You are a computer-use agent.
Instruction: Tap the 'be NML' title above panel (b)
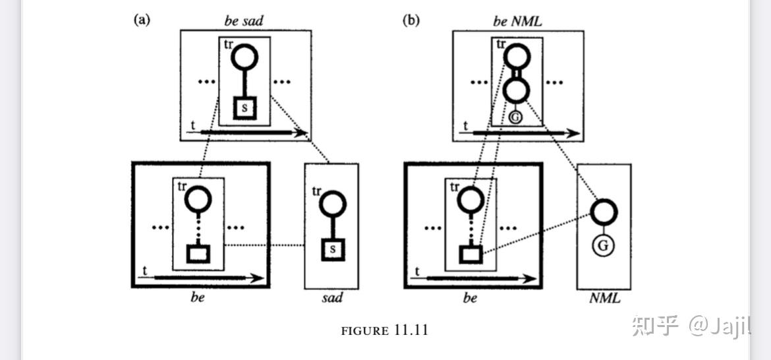click(x=517, y=21)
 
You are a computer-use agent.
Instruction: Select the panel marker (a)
click(x=142, y=20)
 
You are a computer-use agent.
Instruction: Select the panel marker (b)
click(x=412, y=20)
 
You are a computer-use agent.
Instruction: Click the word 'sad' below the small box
click(x=331, y=298)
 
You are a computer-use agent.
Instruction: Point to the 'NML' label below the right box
click(x=604, y=298)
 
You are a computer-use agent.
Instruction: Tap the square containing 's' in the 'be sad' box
click(x=244, y=108)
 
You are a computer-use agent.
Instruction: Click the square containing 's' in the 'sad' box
click(x=333, y=249)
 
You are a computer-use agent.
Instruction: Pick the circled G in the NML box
click(x=604, y=247)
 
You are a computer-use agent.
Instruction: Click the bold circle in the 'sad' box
click(x=332, y=204)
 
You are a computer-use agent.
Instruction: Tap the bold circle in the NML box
click(x=604, y=212)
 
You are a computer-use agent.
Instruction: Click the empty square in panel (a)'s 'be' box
click(x=198, y=254)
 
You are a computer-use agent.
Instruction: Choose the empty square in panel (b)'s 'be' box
click(x=471, y=255)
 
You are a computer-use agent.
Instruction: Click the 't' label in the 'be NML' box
click(x=466, y=126)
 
